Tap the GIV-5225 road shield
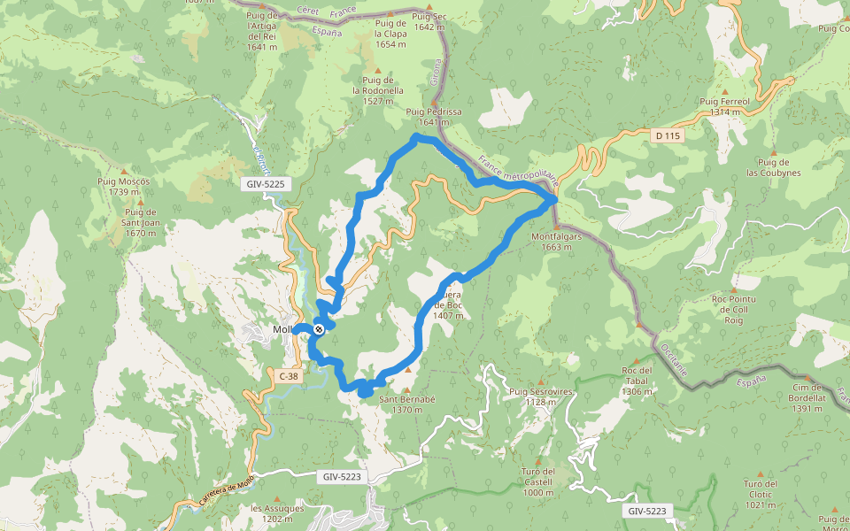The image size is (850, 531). point(266,184)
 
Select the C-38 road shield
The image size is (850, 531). point(288,376)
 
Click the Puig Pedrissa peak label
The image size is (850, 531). point(434,117)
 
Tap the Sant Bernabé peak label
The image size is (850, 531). point(407,404)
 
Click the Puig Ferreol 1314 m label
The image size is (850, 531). point(724,107)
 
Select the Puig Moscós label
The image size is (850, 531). point(123,186)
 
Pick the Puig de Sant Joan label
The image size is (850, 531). point(141,223)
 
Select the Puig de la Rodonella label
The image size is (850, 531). point(378,90)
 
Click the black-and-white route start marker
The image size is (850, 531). point(319,329)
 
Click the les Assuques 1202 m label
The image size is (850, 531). point(277,514)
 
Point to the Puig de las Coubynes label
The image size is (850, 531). point(773,167)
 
